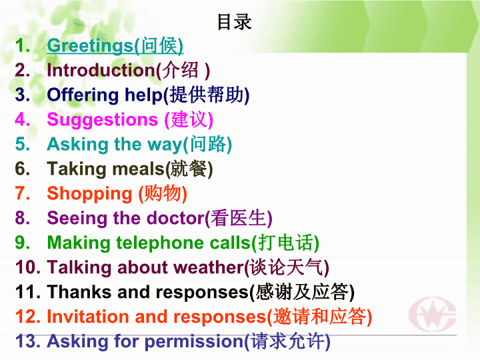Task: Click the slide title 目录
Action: coord(235,22)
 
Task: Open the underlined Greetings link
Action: coord(115,46)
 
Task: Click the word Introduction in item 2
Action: coord(101,70)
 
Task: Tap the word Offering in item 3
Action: coord(83,95)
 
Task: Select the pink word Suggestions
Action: coord(103,120)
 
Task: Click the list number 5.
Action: coord(23,144)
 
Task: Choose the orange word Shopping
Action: coord(89,194)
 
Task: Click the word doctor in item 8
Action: coord(176,218)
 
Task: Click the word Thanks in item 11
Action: coord(79,291)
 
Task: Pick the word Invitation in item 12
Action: coord(88,316)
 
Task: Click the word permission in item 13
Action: coord(194,341)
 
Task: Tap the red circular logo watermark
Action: coord(432,315)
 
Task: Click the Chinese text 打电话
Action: coord(285,243)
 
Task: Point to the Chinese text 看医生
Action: coord(239,218)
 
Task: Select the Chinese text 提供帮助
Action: coord(207,95)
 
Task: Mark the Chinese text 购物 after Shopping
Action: coord(162,193)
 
